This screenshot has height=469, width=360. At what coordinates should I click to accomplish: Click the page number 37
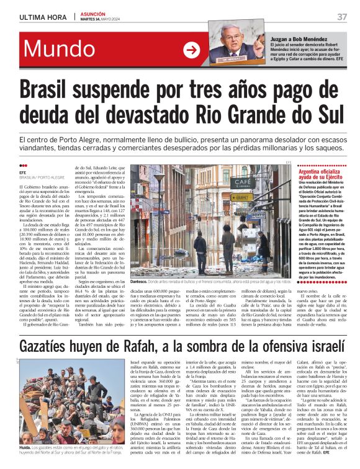342,16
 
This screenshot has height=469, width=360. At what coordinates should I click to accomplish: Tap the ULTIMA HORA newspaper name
39,16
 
